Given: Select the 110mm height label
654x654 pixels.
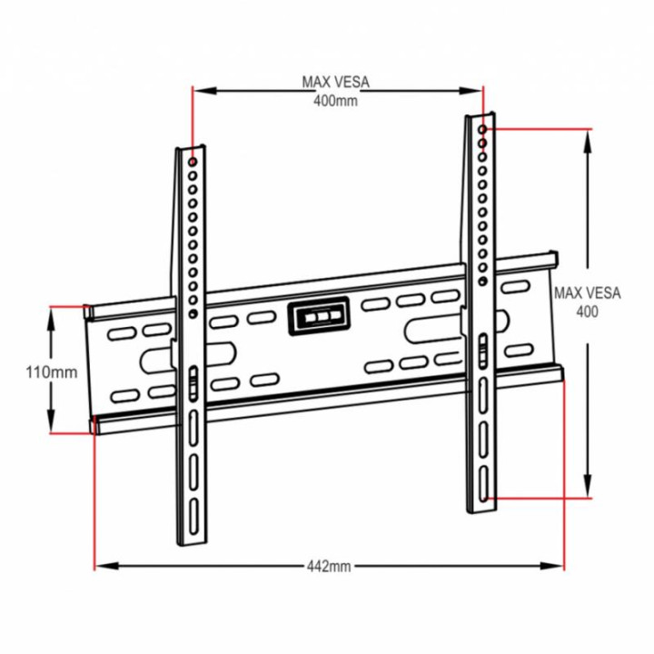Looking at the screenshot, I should pyautogui.click(x=51, y=372).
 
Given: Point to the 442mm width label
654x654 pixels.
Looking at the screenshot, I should pyautogui.click(x=329, y=566).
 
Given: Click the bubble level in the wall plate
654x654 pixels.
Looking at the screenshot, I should pyautogui.click(x=318, y=317).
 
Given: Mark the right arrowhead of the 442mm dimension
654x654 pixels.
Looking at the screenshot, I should pyautogui.click(x=557, y=566).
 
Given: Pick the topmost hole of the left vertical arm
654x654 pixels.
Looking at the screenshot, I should pyautogui.click(x=193, y=163).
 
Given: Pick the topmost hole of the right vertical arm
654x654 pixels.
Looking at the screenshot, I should pyautogui.click(x=482, y=130).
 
